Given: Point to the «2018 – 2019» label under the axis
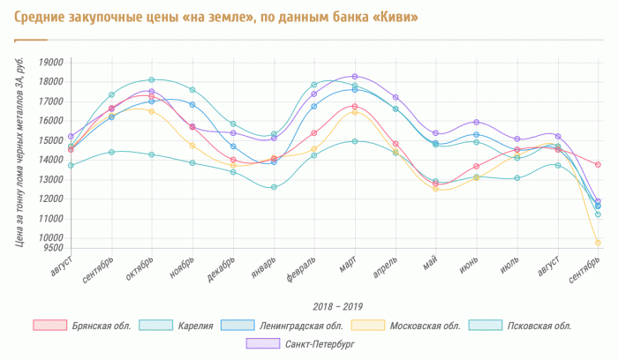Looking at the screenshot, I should pyautogui.click(x=338, y=305).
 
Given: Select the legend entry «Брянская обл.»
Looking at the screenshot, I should pyautogui.click(x=98, y=326).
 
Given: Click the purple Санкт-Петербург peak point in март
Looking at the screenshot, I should pyautogui.click(x=355, y=77).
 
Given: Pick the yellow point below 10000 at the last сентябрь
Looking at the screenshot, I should pyautogui.click(x=598, y=243).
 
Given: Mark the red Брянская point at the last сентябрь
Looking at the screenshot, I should pyautogui.click(x=598, y=165).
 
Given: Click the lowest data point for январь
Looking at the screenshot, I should pyautogui.click(x=274, y=187).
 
